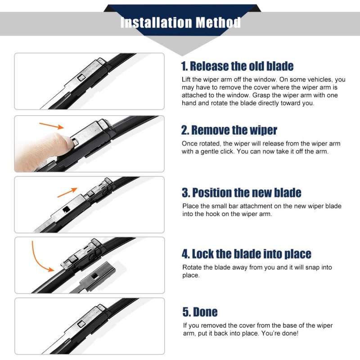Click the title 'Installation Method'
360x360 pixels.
(x=180, y=22)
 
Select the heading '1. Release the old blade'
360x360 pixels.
(x=237, y=66)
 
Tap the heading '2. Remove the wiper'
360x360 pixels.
(x=229, y=130)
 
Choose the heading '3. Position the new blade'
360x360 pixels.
(x=242, y=193)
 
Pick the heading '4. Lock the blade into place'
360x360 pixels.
(x=247, y=254)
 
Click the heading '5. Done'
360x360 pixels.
(x=200, y=312)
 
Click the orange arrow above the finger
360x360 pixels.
(x=51, y=126)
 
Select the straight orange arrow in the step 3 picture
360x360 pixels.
(x=67, y=193)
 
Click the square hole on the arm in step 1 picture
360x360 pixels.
(x=81, y=78)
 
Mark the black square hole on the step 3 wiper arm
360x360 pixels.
(x=66, y=209)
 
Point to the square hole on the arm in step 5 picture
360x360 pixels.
(x=81, y=324)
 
